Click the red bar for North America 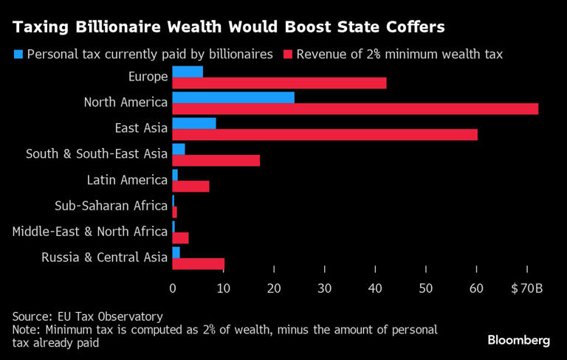coord(354,108)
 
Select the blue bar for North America coord(233,97)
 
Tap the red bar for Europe coord(279,83)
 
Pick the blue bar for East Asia coord(194,123)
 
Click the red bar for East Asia coord(325,134)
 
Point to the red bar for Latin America coord(190,186)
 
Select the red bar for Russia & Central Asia coord(198,263)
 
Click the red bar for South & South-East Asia coord(216,160)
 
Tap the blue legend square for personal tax coord(18,54)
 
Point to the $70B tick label coord(527,288)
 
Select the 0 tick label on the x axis coord(173,288)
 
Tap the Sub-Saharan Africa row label coord(111,206)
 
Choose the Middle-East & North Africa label coord(90,232)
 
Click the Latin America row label coord(127,180)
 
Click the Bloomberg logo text coord(519,340)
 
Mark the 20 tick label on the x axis coord(274,288)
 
